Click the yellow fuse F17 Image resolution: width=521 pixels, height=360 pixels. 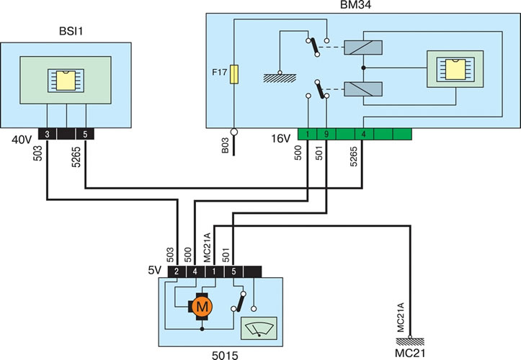point(234,74)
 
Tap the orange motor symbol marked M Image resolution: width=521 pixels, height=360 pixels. point(201,306)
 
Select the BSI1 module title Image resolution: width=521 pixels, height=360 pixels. point(71,31)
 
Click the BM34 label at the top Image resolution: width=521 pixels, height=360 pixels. point(355,4)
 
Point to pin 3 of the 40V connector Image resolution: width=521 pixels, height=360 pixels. point(47,134)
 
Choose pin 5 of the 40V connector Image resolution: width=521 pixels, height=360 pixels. point(86,134)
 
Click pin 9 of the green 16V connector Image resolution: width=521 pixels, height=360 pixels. point(326,134)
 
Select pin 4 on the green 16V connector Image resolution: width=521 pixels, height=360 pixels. point(364,134)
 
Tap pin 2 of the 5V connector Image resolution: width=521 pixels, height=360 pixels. point(177,271)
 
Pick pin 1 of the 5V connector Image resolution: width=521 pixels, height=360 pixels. point(214,271)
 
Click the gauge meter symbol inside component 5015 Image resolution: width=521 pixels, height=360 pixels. point(259,328)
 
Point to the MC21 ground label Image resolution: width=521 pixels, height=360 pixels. point(410,353)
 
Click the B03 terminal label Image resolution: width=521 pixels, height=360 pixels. point(226,145)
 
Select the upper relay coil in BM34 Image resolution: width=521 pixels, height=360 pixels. point(363,48)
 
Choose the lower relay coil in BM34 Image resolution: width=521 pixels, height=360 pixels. point(363,89)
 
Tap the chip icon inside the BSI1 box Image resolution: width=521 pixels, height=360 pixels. point(66,81)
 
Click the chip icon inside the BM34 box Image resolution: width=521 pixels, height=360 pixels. point(455,69)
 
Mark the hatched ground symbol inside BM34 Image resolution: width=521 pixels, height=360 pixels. point(280,78)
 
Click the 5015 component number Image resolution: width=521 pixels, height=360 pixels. point(225,356)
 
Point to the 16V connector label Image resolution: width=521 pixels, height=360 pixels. point(281,138)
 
